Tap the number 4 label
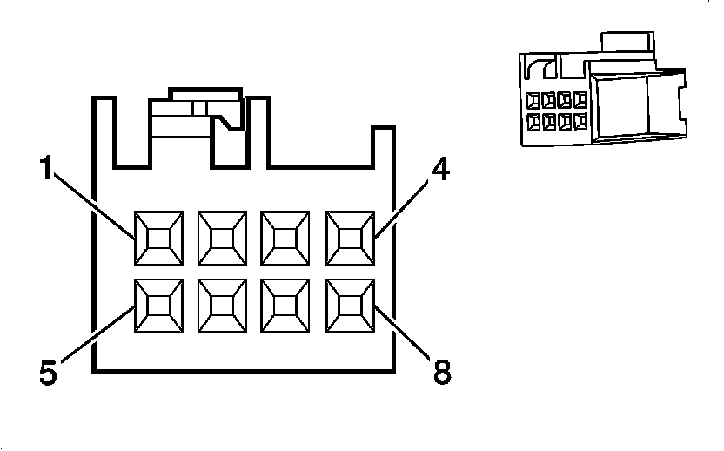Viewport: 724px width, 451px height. (x=440, y=170)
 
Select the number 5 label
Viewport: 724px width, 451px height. (x=49, y=372)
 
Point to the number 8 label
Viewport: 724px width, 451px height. (x=442, y=373)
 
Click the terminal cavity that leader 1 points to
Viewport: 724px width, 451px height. (x=159, y=236)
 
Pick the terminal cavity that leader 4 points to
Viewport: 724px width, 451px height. (x=350, y=236)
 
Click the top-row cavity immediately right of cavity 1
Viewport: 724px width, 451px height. (x=223, y=236)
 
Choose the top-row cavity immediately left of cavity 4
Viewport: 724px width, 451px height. (x=286, y=236)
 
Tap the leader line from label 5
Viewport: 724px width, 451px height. (x=96, y=335)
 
